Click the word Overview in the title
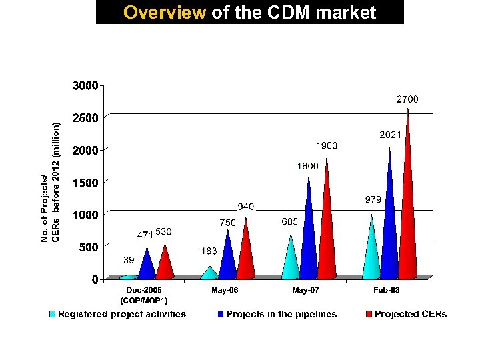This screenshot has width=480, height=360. [165, 13]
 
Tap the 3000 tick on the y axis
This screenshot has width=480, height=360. [85, 85]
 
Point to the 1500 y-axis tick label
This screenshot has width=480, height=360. [85, 182]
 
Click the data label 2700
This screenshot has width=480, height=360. [407, 99]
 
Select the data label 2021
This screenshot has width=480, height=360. [390, 135]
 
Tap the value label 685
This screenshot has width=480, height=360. [289, 221]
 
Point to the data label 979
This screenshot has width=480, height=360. [373, 199]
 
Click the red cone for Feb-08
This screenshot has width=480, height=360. [407, 220]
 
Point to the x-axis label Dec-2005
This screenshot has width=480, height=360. [144, 291]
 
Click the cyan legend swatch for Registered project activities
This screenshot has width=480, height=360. [53, 314]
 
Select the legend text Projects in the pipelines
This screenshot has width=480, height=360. [281, 314]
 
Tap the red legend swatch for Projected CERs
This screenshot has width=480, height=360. [368, 314]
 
